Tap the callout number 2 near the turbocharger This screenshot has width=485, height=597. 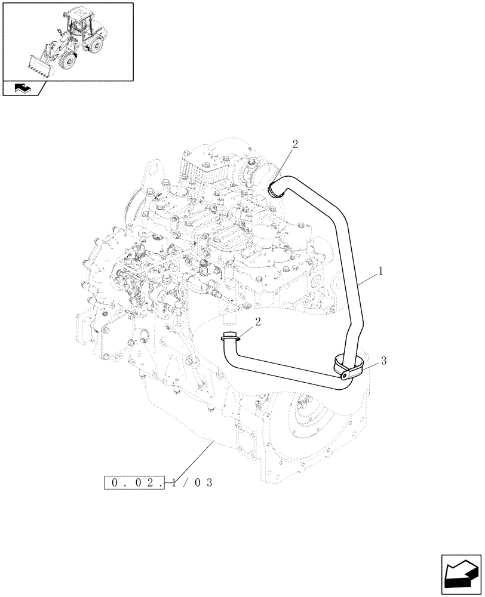tap(294, 144)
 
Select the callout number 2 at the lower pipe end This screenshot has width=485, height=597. tap(257, 323)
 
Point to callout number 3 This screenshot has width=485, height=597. tap(383, 360)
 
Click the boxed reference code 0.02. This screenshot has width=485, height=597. tap(134, 482)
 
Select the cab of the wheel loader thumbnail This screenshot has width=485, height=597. tap(79, 23)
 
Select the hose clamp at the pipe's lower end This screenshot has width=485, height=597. tap(230, 337)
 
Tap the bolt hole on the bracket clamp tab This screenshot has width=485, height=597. tap(345, 376)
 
